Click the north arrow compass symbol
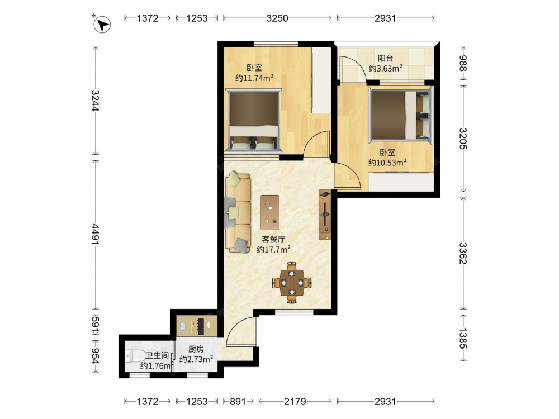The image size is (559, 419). pos(102,25)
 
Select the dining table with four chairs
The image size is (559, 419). pos(292,283)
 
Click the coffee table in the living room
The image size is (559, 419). pos(270,212)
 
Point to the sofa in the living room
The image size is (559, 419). pos(238,212)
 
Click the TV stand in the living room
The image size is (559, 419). pos(325,215)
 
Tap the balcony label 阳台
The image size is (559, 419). pos(385,58)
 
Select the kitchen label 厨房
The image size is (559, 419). pos(196,349)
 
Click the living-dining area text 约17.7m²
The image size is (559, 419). pos(273,249)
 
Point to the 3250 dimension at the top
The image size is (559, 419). pos(277,18)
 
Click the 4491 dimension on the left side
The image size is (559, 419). pos(95,234)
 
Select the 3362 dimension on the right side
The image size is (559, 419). pos(463,253)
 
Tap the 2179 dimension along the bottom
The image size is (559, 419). pos(295,402)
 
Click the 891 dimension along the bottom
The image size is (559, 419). pos(238,402)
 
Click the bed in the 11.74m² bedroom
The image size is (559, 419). pos(253,121)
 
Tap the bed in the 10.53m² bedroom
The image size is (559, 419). pos(400,115)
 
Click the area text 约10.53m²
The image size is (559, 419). pos(387,163)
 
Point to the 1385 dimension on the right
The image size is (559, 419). pos(463,338)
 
